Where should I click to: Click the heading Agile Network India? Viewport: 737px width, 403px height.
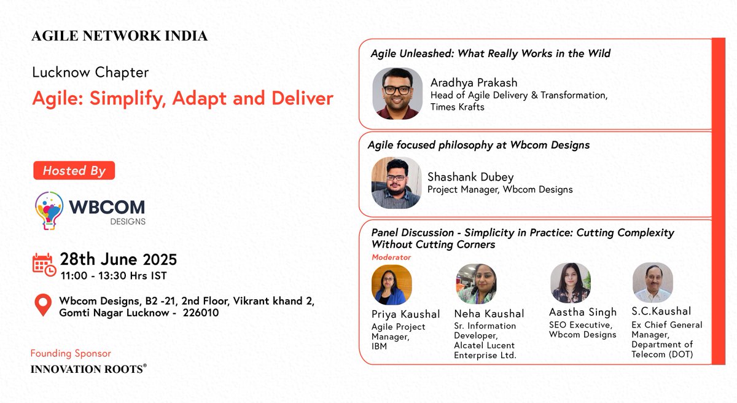[120, 36]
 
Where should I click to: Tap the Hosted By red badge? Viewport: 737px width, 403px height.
[74, 171]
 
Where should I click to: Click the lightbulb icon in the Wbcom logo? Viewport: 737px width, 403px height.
[49, 209]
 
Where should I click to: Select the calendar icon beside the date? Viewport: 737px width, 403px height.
[44, 264]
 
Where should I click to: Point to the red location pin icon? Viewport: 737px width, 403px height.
[43, 305]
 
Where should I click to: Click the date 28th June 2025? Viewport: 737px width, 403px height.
[119, 259]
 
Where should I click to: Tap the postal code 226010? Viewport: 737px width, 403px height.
[201, 313]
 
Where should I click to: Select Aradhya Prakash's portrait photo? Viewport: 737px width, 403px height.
[397, 93]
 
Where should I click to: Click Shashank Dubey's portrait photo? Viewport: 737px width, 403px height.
[396, 182]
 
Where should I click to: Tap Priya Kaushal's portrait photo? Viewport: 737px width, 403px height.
[392, 285]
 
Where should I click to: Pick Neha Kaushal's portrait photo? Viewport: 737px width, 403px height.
[476, 284]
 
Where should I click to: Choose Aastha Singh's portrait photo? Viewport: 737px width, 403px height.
[571, 283]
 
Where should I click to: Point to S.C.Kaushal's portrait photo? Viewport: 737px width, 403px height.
[653, 283]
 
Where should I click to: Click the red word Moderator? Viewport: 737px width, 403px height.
[391, 257]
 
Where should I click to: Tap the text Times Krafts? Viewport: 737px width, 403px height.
[458, 107]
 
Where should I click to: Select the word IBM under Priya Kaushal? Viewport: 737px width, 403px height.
[380, 346]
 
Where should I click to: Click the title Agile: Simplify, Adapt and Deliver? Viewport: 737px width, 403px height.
[183, 98]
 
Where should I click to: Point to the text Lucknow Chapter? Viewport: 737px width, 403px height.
[90, 72]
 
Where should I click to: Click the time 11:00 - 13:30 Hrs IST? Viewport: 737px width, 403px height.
[114, 275]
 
